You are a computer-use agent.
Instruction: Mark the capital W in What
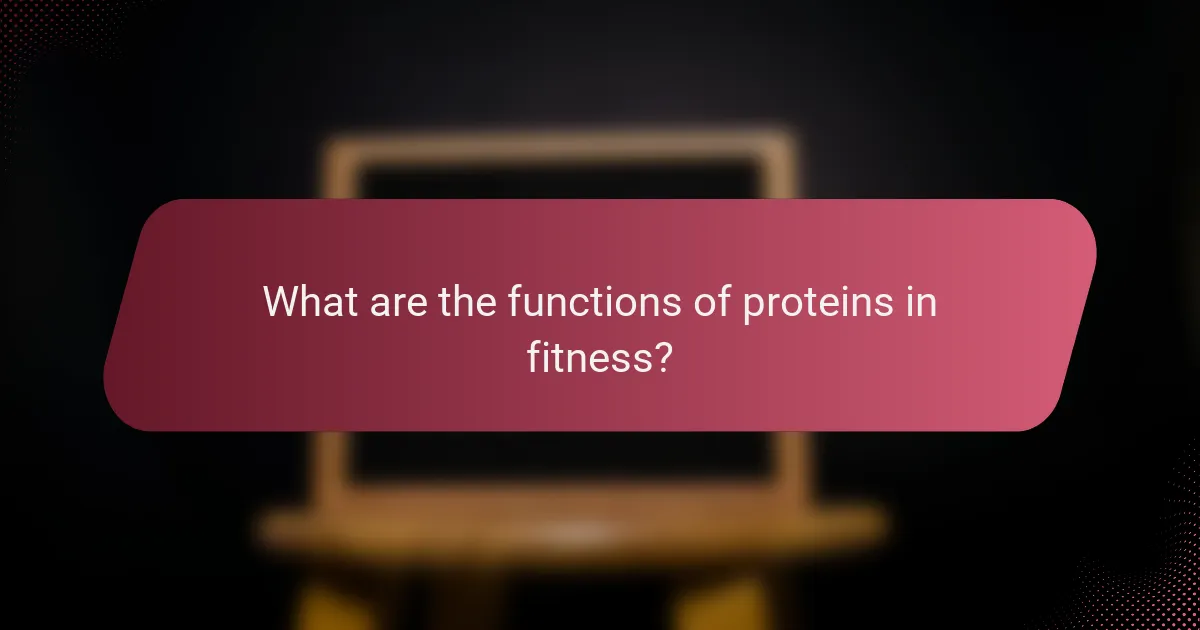point(283,301)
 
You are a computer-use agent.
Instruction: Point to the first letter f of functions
point(513,301)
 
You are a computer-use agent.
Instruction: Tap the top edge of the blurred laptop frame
point(560,147)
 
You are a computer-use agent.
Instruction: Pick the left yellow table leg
point(330,600)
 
